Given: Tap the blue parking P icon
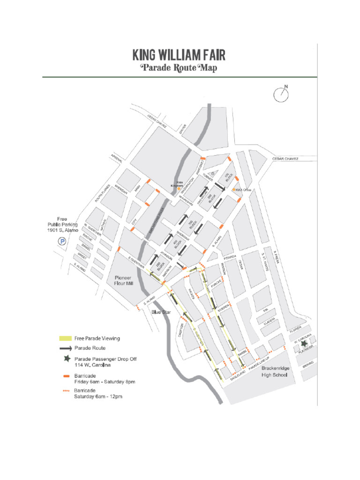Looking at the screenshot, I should (61, 241).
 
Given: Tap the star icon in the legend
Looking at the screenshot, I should (67, 359).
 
